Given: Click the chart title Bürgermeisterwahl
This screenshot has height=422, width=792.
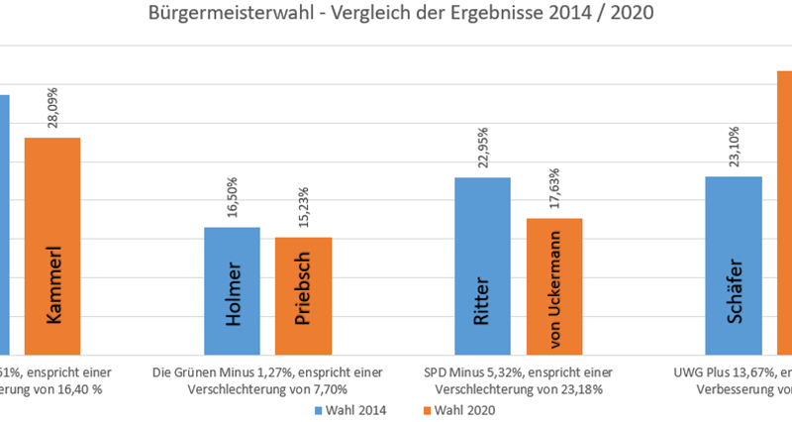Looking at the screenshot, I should coord(400,14).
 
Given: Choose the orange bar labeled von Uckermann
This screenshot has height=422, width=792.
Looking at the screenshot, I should coord(554,286).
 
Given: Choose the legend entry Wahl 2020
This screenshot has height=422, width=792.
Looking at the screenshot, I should coord(461,409).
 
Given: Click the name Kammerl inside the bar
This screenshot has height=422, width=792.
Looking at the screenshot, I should coord(52,282).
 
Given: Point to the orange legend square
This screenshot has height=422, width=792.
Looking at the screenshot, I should coord(427,409).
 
